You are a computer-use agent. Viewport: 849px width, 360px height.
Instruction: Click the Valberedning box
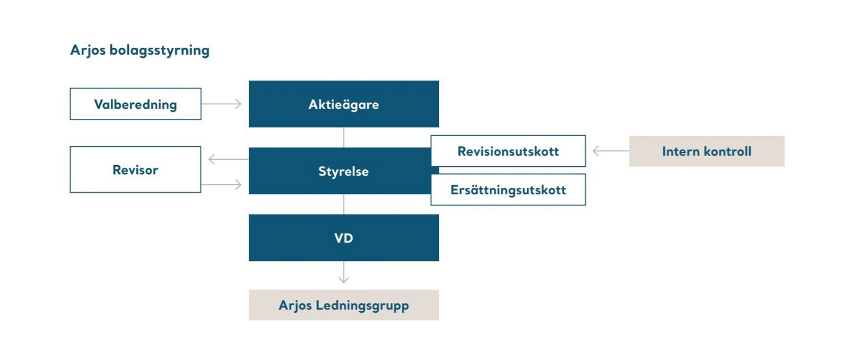135,104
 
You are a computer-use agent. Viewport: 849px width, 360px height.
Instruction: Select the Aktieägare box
343,104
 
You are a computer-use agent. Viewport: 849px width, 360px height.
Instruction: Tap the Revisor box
135,170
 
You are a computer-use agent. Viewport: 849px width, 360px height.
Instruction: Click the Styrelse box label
343,171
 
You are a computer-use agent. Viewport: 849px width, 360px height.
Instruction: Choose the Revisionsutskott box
508,151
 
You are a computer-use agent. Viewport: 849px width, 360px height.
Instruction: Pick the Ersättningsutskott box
508,190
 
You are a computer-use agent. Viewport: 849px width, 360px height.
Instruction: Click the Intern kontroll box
706,151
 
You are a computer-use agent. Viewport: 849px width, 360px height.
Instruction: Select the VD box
343,238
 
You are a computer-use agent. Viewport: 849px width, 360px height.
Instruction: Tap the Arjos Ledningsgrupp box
343,305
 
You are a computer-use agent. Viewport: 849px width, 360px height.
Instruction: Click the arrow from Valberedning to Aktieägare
222,104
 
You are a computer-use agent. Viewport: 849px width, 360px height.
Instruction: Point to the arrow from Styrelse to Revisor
228,159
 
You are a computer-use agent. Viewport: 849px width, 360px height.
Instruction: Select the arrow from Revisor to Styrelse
222,184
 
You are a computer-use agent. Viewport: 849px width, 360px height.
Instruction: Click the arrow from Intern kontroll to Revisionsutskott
610,151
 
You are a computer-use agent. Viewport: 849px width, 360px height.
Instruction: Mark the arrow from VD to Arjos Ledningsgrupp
344,272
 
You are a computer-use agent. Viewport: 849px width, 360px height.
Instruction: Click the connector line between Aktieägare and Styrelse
344,138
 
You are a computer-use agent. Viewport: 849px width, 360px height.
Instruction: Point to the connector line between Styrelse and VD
344,204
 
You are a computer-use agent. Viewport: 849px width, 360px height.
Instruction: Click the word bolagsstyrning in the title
159,50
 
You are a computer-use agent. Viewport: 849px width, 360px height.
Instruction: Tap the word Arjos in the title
88,50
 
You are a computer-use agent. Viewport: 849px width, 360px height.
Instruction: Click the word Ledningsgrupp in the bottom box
362,306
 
